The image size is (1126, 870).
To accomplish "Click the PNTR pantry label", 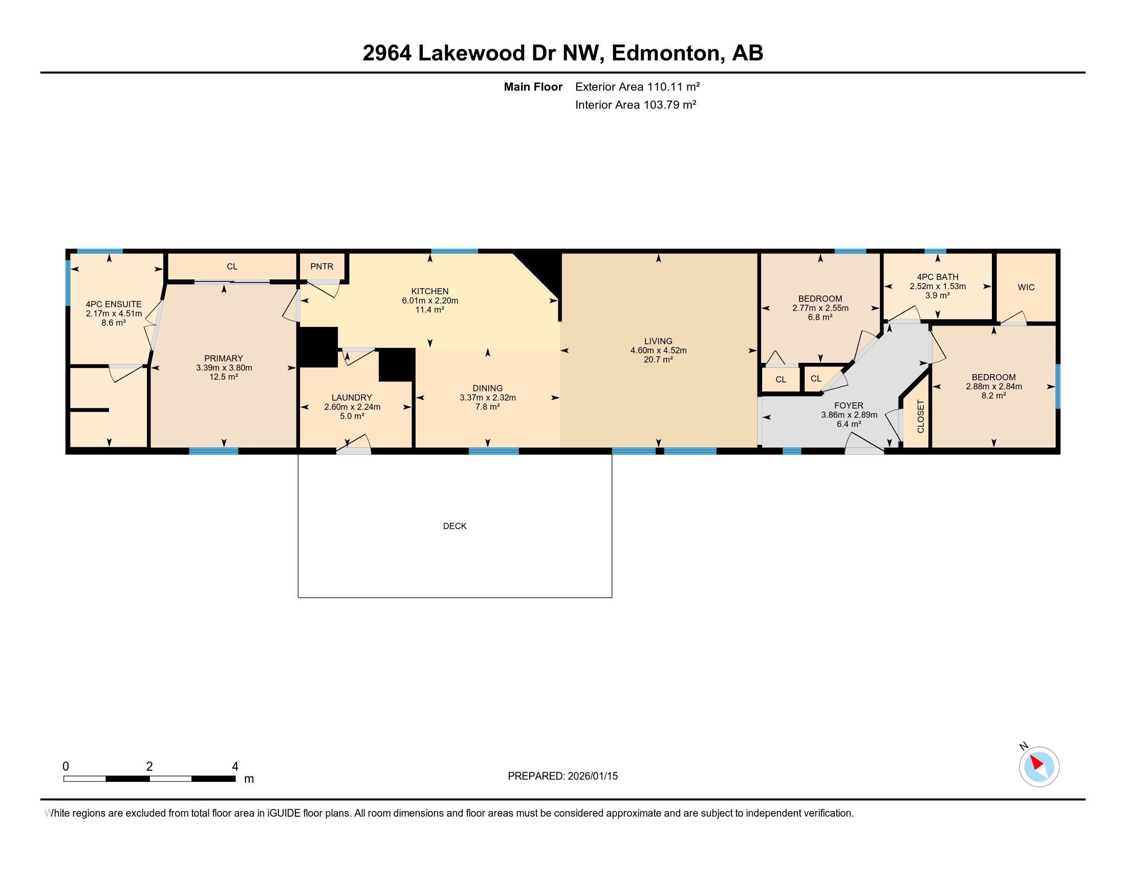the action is pyautogui.click(x=322, y=267).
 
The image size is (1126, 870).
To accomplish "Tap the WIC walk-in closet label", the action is pyautogui.click(x=1026, y=287).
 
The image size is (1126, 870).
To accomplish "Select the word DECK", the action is pyautogui.click(x=454, y=526).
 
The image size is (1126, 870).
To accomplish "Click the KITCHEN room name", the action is pyautogui.click(x=430, y=291).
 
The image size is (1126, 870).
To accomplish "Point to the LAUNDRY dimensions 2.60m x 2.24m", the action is pyautogui.click(x=352, y=407).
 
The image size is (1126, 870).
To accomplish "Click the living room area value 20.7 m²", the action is pyautogui.click(x=658, y=359).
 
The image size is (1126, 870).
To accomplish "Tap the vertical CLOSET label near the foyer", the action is pyautogui.click(x=921, y=417).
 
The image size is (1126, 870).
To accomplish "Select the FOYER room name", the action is pyautogui.click(x=849, y=406).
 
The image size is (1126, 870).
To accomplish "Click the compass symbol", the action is pyautogui.click(x=1039, y=767).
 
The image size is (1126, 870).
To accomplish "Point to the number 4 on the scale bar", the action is pyautogui.click(x=235, y=767).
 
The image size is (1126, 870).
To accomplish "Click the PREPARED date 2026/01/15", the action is pyautogui.click(x=592, y=776).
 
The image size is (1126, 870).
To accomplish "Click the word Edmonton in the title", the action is pyautogui.click(x=665, y=53).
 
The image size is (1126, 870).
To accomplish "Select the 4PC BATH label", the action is pyautogui.click(x=938, y=277).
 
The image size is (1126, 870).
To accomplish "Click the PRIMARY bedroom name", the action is pyautogui.click(x=223, y=358).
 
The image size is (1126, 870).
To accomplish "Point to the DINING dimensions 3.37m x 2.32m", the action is pyautogui.click(x=488, y=397).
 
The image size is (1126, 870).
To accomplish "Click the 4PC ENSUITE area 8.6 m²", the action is pyautogui.click(x=114, y=322).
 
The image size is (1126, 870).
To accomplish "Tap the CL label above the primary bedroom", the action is pyautogui.click(x=232, y=267).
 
